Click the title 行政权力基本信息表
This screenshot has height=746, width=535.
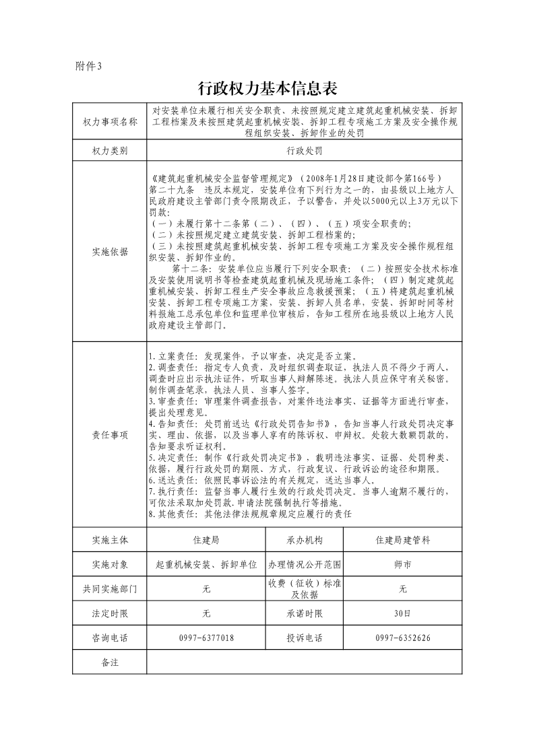tap(267, 89)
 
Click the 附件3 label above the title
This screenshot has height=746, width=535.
tap(88, 66)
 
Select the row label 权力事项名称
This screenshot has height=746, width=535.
tap(110, 122)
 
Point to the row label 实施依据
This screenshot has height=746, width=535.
tap(110, 252)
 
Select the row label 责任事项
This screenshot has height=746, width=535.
tap(110, 436)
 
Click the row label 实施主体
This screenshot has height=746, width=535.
tap(110, 540)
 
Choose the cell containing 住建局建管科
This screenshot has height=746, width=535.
tap(403, 540)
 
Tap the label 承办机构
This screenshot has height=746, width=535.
tap(305, 540)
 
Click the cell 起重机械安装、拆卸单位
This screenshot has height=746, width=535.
tap(206, 564)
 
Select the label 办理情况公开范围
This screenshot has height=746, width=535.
tap(305, 564)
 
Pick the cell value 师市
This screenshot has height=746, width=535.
tap(403, 564)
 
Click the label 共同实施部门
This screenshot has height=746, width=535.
tap(110, 589)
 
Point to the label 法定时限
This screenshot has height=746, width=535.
tap(110, 613)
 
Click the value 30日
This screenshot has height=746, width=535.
tap(403, 613)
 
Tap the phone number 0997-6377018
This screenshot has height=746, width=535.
tap(206, 638)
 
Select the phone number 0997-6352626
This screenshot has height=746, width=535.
tap(403, 638)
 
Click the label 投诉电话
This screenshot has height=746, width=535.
tap(305, 638)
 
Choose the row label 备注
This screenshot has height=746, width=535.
tap(110, 663)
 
